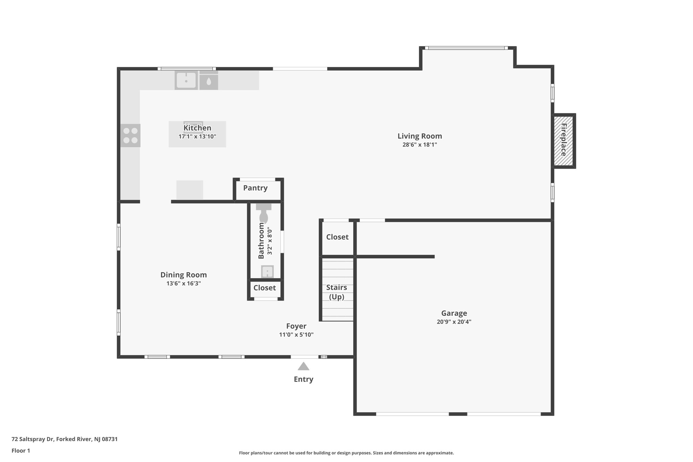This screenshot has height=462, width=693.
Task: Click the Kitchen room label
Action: tap(197, 128)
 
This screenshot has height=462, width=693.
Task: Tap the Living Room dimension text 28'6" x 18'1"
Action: tap(420, 145)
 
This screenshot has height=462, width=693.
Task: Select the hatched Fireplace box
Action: tap(563, 140)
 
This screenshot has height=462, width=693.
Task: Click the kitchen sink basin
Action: tap(186, 81)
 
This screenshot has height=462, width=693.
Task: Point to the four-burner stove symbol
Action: tap(130, 135)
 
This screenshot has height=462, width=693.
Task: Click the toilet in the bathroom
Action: tap(264, 216)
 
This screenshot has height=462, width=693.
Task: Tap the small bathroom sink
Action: tap(267, 271)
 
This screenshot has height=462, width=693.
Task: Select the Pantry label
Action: tap(255, 188)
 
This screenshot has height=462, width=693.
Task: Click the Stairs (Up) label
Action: tap(337, 292)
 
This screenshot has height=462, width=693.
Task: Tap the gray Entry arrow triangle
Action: tap(304, 367)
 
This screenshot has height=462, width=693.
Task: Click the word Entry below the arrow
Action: tap(304, 379)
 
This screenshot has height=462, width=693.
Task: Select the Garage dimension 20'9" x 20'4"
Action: tap(454, 322)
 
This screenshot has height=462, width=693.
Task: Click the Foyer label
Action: tap(296, 326)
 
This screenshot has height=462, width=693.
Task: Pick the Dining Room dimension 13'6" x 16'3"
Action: tap(183, 284)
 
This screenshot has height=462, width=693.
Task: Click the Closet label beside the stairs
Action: tap(337, 237)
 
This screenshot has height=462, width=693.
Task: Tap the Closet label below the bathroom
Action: tap(265, 288)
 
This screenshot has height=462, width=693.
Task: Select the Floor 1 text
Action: tap(21, 451)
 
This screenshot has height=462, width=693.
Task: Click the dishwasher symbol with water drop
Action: tap(208, 81)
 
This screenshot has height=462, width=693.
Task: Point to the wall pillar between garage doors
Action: tap(458, 414)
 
